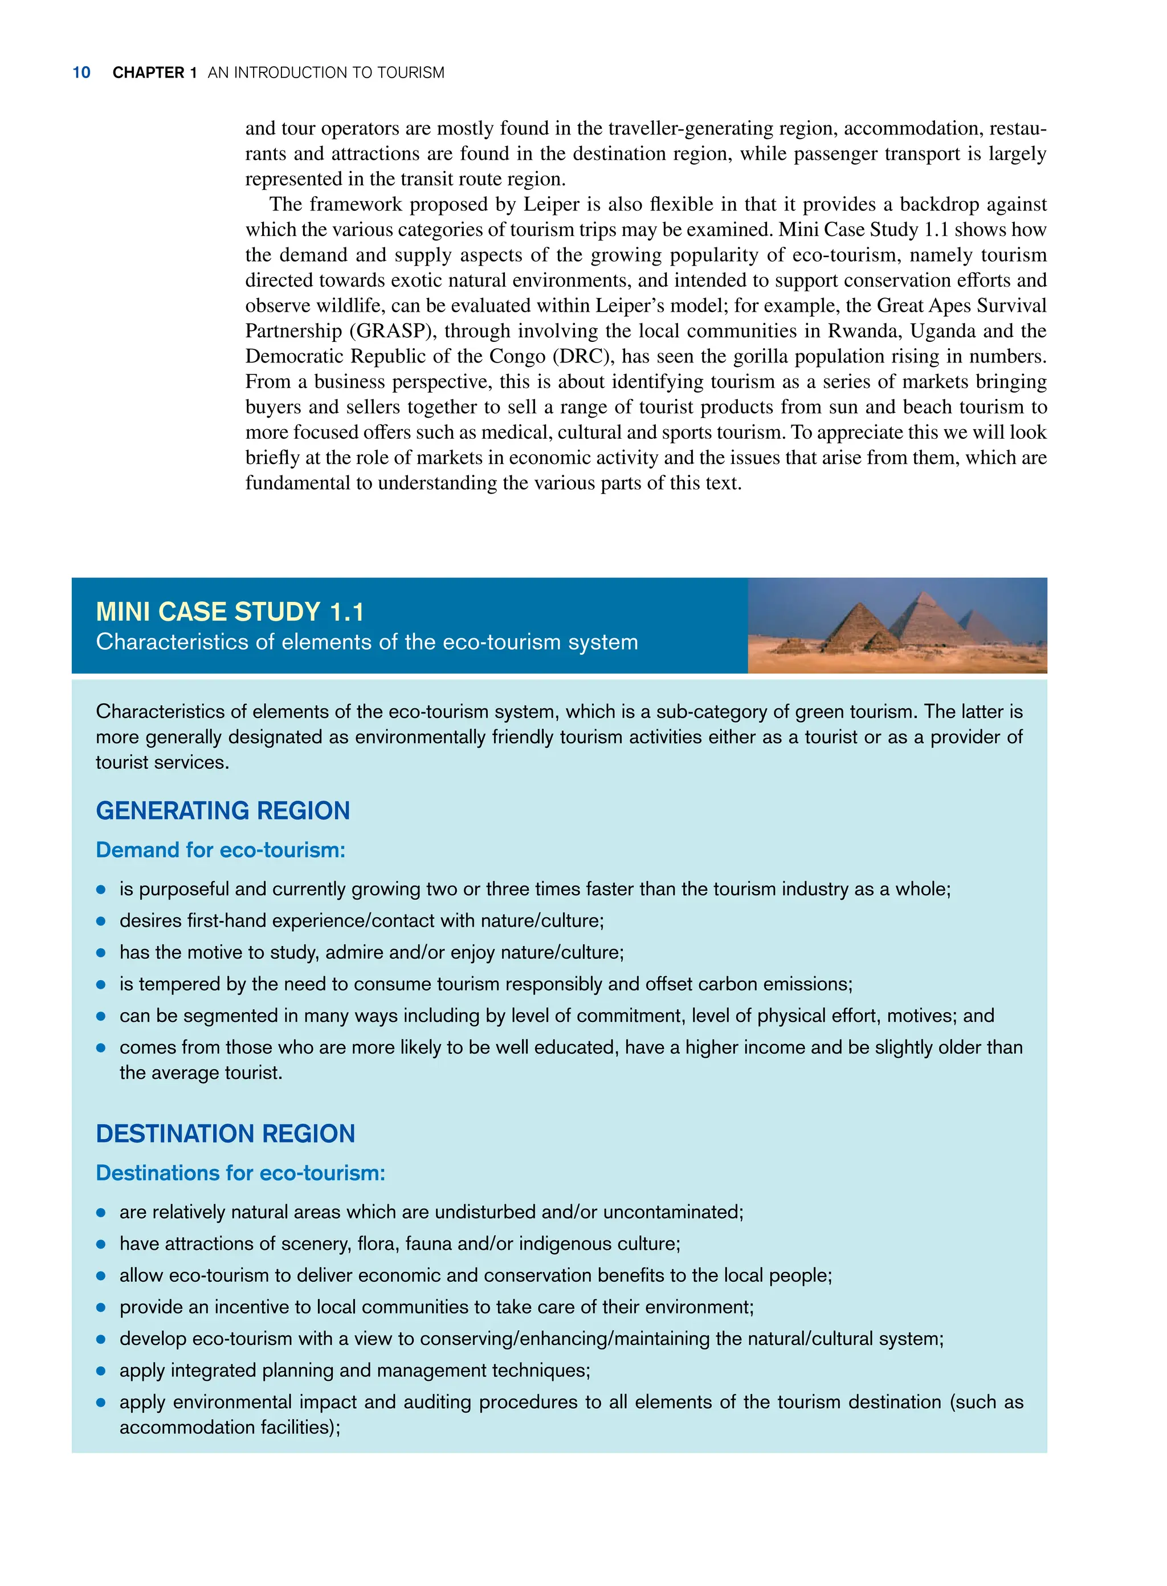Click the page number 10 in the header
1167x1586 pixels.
(x=81, y=73)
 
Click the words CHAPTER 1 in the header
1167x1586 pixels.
(x=154, y=73)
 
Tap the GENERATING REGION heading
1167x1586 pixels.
(x=223, y=810)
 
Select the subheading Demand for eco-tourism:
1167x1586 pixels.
(x=221, y=850)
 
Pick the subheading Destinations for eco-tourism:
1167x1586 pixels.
(x=240, y=1173)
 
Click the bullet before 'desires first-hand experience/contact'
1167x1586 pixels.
(x=101, y=921)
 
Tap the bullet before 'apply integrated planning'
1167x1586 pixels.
(x=101, y=1371)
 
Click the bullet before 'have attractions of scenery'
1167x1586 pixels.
(x=101, y=1244)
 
